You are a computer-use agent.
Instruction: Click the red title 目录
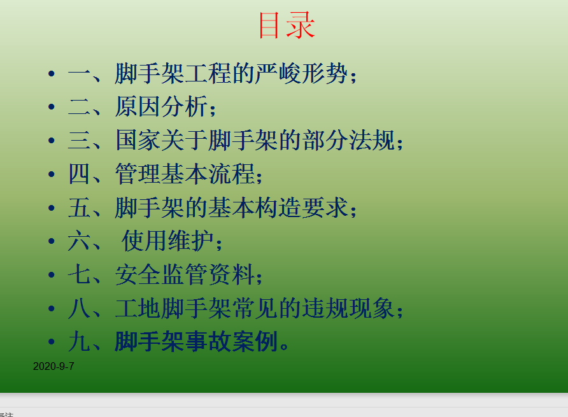point(287,25)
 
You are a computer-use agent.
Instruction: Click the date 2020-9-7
point(53,366)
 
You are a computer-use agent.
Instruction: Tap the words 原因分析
point(161,106)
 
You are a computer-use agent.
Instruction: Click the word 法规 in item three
point(372,140)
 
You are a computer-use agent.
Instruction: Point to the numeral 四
point(78,174)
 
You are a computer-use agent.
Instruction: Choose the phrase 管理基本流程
point(185,174)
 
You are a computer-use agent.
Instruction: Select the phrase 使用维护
point(167,241)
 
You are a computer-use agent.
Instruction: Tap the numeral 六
point(78,241)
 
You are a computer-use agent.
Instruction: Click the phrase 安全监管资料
point(185,274)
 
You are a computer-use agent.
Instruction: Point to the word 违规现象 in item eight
point(348,308)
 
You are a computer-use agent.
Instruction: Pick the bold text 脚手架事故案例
point(196,342)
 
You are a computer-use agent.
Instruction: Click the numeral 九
point(78,342)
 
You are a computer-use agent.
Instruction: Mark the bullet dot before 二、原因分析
point(52,107)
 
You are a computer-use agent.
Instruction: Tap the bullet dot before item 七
point(52,274)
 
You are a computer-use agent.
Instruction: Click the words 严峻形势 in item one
point(301,74)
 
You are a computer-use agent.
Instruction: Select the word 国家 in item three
point(138,140)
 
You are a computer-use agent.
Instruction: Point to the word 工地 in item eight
point(138,308)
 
